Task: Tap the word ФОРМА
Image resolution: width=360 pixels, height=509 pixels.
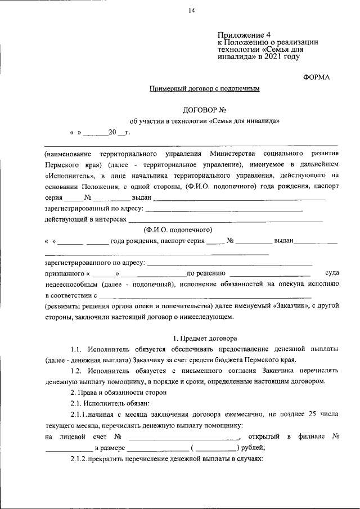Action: tap(316, 77)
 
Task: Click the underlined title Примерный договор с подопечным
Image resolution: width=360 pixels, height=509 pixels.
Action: tap(204, 89)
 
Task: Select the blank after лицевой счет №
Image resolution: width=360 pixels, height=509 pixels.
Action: tap(184, 437)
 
